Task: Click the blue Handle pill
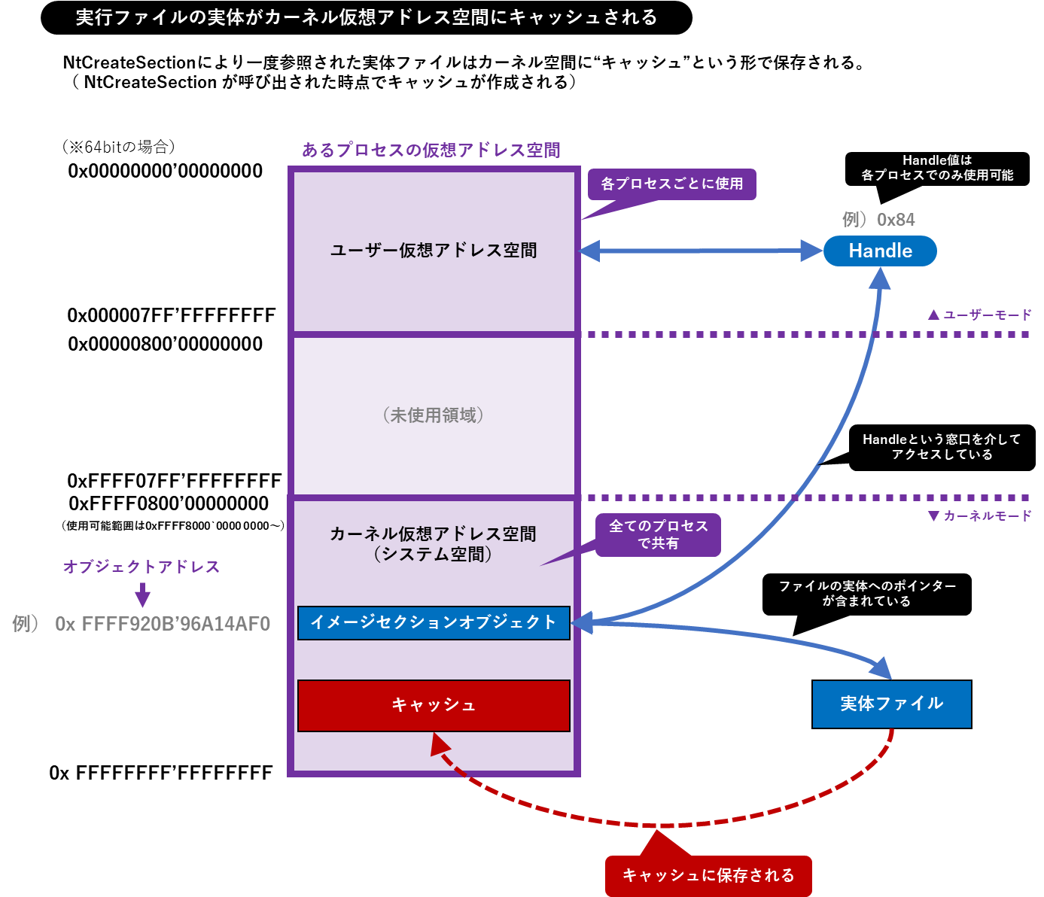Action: click(x=880, y=251)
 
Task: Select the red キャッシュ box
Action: click(x=434, y=705)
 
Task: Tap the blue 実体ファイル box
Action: click(x=891, y=704)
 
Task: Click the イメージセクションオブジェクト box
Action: click(x=434, y=622)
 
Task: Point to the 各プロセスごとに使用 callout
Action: click(x=671, y=184)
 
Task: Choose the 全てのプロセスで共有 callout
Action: click(x=658, y=534)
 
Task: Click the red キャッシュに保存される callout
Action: click(x=708, y=875)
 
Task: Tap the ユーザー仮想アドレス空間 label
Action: click(x=434, y=251)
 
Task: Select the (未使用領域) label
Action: click(x=434, y=415)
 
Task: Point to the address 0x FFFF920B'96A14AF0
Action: click(x=163, y=624)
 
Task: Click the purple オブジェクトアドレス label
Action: click(x=142, y=567)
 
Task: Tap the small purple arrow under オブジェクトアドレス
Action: click(x=142, y=595)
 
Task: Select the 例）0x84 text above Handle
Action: click(x=878, y=220)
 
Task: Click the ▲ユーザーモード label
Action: click(x=979, y=315)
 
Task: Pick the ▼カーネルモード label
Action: click(x=979, y=515)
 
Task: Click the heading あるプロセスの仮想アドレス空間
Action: click(x=431, y=150)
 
